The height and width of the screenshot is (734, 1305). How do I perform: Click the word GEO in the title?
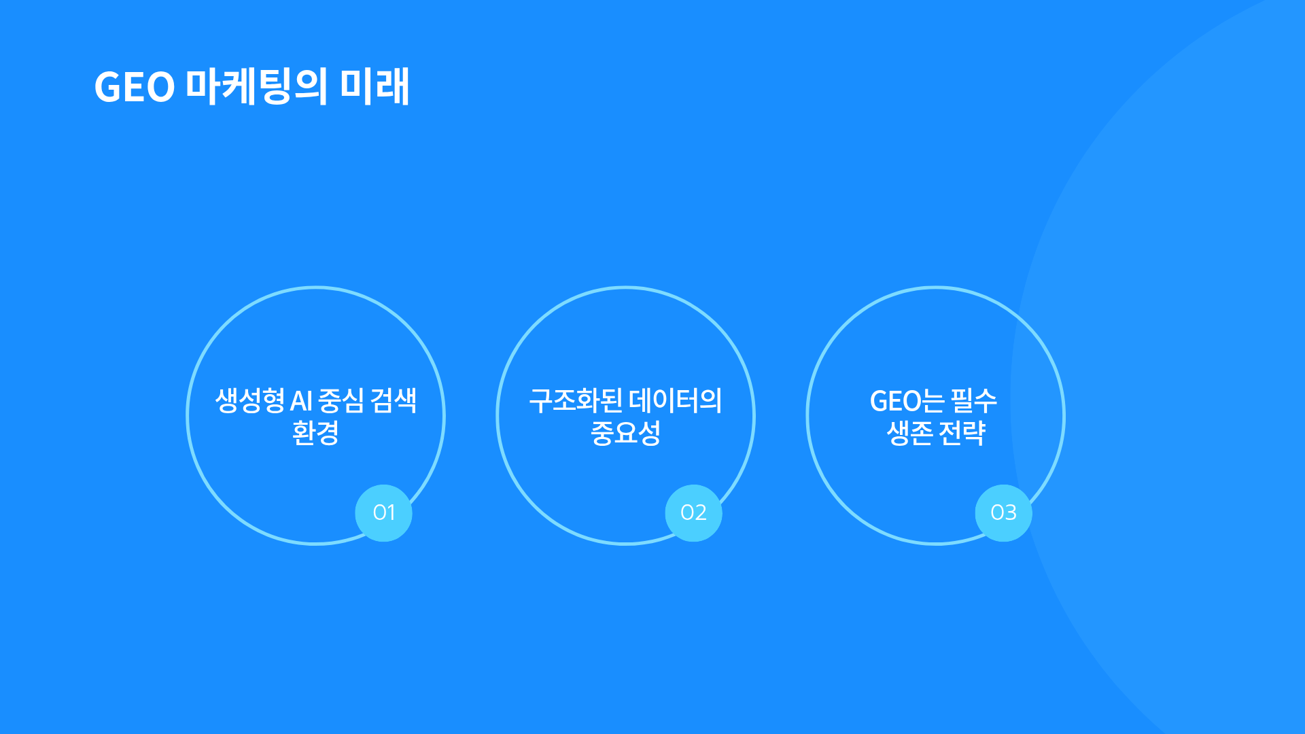click(135, 88)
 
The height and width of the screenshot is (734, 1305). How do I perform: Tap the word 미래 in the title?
click(375, 86)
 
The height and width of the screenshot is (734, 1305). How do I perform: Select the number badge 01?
click(383, 512)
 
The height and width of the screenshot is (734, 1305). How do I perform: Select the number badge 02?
click(693, 512)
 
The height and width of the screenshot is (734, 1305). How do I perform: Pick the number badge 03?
click(1003, 512)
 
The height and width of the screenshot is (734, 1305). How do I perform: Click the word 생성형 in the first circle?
click(249, 400)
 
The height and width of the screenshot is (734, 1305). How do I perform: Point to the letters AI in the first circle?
click(301, 401)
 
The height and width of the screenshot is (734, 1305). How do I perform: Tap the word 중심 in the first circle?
click(341, 400)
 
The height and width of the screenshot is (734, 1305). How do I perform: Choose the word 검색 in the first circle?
click(394, 400)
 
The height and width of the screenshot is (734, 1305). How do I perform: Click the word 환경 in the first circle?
click(315, 432)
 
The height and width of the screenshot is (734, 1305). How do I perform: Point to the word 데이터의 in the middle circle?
click(676, 400)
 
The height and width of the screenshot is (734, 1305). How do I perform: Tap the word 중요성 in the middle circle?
click(625, 432)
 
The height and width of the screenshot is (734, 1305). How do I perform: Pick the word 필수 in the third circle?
click(974, 400)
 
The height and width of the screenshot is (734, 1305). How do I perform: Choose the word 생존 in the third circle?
click(909, 432)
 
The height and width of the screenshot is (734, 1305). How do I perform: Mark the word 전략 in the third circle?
click(962, 432)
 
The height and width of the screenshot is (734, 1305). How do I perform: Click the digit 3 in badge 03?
click(1010, 512)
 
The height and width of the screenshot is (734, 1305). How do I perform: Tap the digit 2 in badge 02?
click(700, 512)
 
